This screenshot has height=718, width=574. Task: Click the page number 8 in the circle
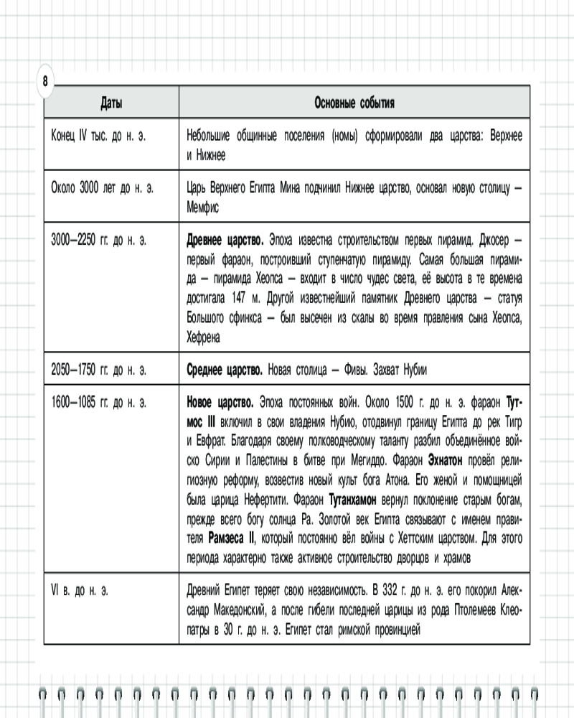coord(45,81)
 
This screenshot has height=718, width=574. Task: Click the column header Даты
coord(110,103)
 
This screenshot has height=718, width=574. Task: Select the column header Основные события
coord(354,103)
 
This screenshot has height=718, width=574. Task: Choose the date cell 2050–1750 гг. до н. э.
coord(99,370)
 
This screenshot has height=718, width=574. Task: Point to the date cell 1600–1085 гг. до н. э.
coord(99,403)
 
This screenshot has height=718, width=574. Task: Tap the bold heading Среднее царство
coord(224,370)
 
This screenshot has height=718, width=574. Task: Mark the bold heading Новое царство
coord(220,403)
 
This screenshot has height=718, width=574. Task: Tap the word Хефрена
coord(204,336)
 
